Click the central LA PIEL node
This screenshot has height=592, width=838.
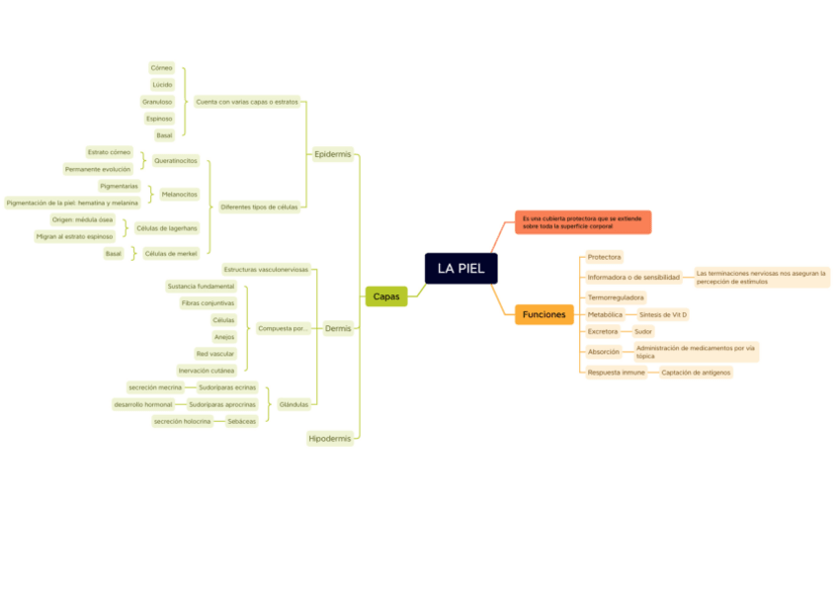(x=461, y=269)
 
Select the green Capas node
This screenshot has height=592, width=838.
(x=385, y=296)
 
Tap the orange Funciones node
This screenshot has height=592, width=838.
(x=544, y=314)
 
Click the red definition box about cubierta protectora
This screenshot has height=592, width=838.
(x=582, y=222)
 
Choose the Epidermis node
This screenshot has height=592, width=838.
(x=332, y=154)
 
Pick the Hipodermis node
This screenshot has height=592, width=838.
(x=330, y=438)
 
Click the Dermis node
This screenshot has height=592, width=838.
(x=338, y=328)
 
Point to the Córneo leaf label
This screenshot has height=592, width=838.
(x=161, y=68)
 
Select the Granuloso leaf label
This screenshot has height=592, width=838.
(x=157, y=102)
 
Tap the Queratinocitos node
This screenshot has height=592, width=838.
(x=175, y=160)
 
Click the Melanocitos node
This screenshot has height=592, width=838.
(x=179, y=195)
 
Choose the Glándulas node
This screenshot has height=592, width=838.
(x=293, y=404)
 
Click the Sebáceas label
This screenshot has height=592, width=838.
(x=241, y=421)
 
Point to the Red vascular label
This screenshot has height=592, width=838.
(x=215, y=353)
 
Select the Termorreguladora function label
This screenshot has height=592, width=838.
(x=616, y=296)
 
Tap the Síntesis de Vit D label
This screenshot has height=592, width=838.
(x=663, y=314)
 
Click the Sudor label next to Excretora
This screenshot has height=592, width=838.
(x=643, y=332)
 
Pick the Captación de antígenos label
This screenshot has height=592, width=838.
(x=696, y=373)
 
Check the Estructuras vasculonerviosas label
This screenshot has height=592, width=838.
(x=266, y=269)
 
